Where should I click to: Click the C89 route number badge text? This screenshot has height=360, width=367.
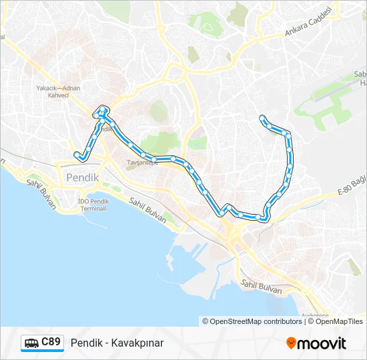(x=51, y=342)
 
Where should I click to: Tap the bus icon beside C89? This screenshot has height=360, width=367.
(x=31, y=343)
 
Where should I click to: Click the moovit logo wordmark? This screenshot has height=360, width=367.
(x=321, y=343)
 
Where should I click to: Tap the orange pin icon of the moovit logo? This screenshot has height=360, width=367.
(x=291, y=343)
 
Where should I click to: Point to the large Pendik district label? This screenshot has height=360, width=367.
(x=82, y=178)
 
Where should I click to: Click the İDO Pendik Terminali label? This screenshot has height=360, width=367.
(x=92, y=205)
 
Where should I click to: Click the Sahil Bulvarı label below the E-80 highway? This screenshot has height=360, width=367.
(x=262, y=287)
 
